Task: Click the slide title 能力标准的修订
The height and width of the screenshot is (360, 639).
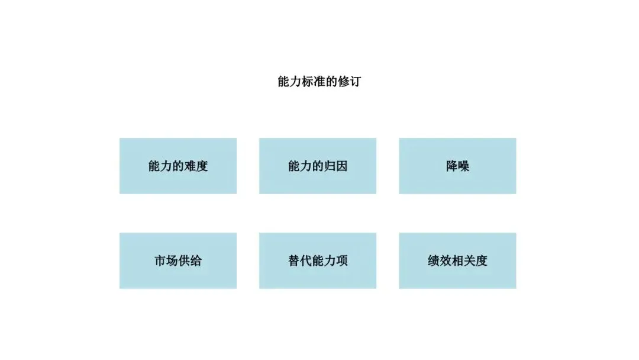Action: pyautogui.click(x=319, y=82)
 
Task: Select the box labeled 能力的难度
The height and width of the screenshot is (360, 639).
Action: pyautogui.click(x=178, y=166)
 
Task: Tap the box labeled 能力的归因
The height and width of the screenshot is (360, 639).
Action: pyautogui.click(x=318, y=166)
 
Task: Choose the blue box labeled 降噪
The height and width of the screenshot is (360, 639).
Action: pyautogui.click(x=457, y=166)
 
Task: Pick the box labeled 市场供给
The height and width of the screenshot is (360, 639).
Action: pyautogui.click(x=178, y=261)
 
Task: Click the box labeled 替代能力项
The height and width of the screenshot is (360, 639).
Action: pyautogui.click(x=318, y=261)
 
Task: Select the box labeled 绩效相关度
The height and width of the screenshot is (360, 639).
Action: pyautogui.click(x=457, y=261)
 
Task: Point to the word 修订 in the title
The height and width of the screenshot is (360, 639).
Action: pyautogui.click(x=349, y=82)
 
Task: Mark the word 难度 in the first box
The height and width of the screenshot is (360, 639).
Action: pyautogui.click(x=196, y=166)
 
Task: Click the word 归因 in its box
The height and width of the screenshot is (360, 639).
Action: pyautogui.click(x=335, y=166)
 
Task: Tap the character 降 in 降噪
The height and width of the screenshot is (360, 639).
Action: pyautogui.click(x=451, y=166)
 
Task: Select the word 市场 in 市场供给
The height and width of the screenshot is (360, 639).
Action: pyautogui.click(x=166, y=261)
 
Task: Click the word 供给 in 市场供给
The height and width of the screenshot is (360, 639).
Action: pyautogui.click(x=190, y=261)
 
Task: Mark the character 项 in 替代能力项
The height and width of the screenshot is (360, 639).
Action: pyautogui.click(x=342, y=261)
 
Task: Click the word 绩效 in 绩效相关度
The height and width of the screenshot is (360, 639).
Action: pyautogui.click(x=440, y=261)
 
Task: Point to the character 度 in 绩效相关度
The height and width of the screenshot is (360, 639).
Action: pyautogui.click(x=482, y=261)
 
